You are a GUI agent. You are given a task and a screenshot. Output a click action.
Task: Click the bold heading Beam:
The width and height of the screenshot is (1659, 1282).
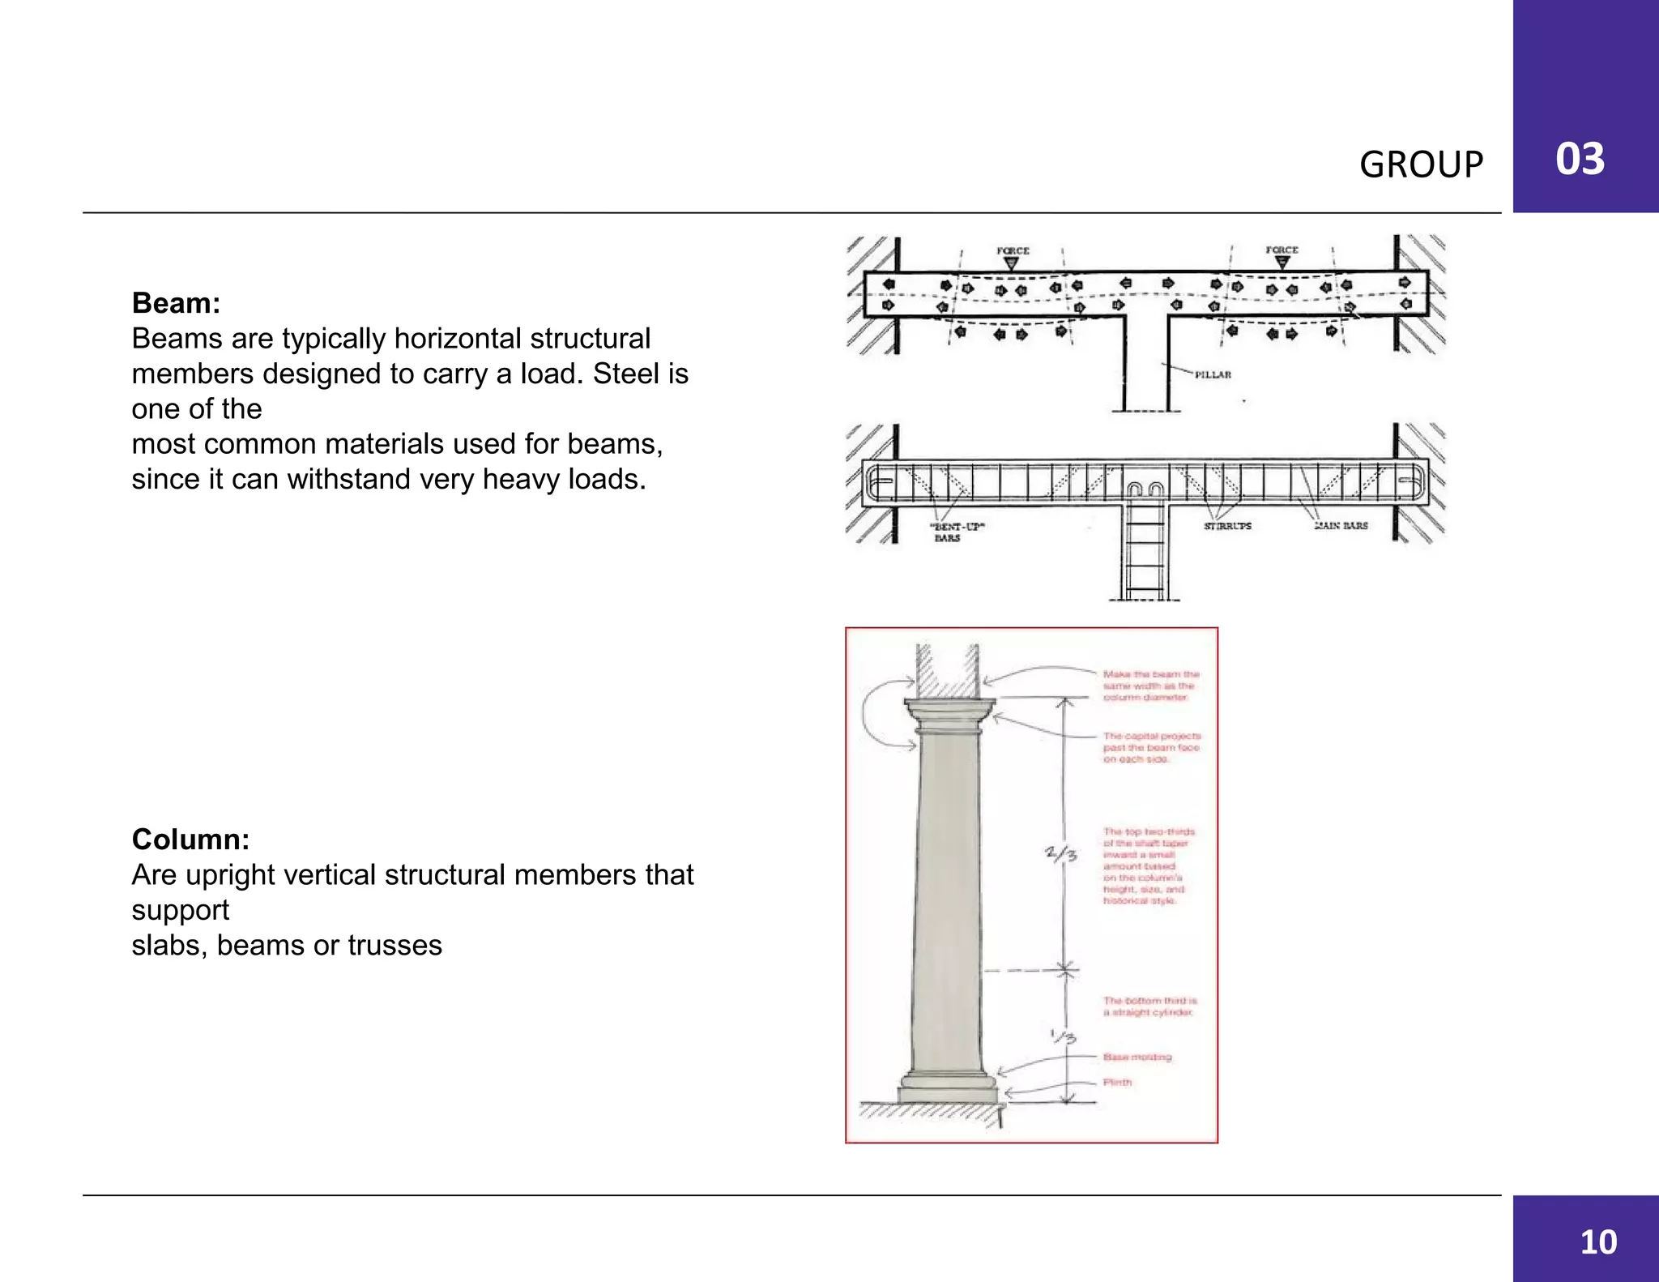(x=176, y=303)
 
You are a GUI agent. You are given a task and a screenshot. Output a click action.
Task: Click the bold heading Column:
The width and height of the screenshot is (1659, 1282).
(x=190, y=840)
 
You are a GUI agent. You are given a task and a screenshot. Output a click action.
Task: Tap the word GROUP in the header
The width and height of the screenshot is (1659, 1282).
(x=1421, y=165)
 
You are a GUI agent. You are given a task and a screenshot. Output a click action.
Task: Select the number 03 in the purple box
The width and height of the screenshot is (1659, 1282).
(x=1580, y=159)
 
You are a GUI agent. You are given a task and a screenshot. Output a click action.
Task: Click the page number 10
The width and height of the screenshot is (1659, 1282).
(x=1598, y=1242)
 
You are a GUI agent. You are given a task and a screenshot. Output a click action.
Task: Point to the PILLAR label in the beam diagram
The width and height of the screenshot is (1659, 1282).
(x=1213, y=374)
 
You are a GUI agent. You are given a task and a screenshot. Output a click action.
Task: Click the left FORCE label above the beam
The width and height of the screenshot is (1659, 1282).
(x=1013, y=250)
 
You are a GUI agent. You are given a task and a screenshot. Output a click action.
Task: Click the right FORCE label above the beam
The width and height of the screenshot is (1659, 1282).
(x=1282, y=250)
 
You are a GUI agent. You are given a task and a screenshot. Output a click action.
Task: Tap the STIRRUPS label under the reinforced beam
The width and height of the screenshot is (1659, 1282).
(x=1227, y=526)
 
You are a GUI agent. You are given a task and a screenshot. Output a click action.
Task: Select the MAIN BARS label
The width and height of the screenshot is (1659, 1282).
(x=1341, y=526)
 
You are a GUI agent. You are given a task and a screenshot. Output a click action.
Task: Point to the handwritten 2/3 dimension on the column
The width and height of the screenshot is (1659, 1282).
(x=1060, y=853)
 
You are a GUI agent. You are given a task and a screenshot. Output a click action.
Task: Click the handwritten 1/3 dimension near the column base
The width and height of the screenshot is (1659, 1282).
(x=1062, y=1036)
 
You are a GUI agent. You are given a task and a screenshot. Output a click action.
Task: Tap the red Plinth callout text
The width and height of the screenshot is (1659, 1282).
(x=1117, y=1083)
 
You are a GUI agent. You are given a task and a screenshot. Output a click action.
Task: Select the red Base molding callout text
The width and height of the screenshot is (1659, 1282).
(x=1137, y=1057)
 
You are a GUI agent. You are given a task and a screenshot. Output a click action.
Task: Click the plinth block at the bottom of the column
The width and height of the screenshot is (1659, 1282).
(x=948, y=1095)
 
